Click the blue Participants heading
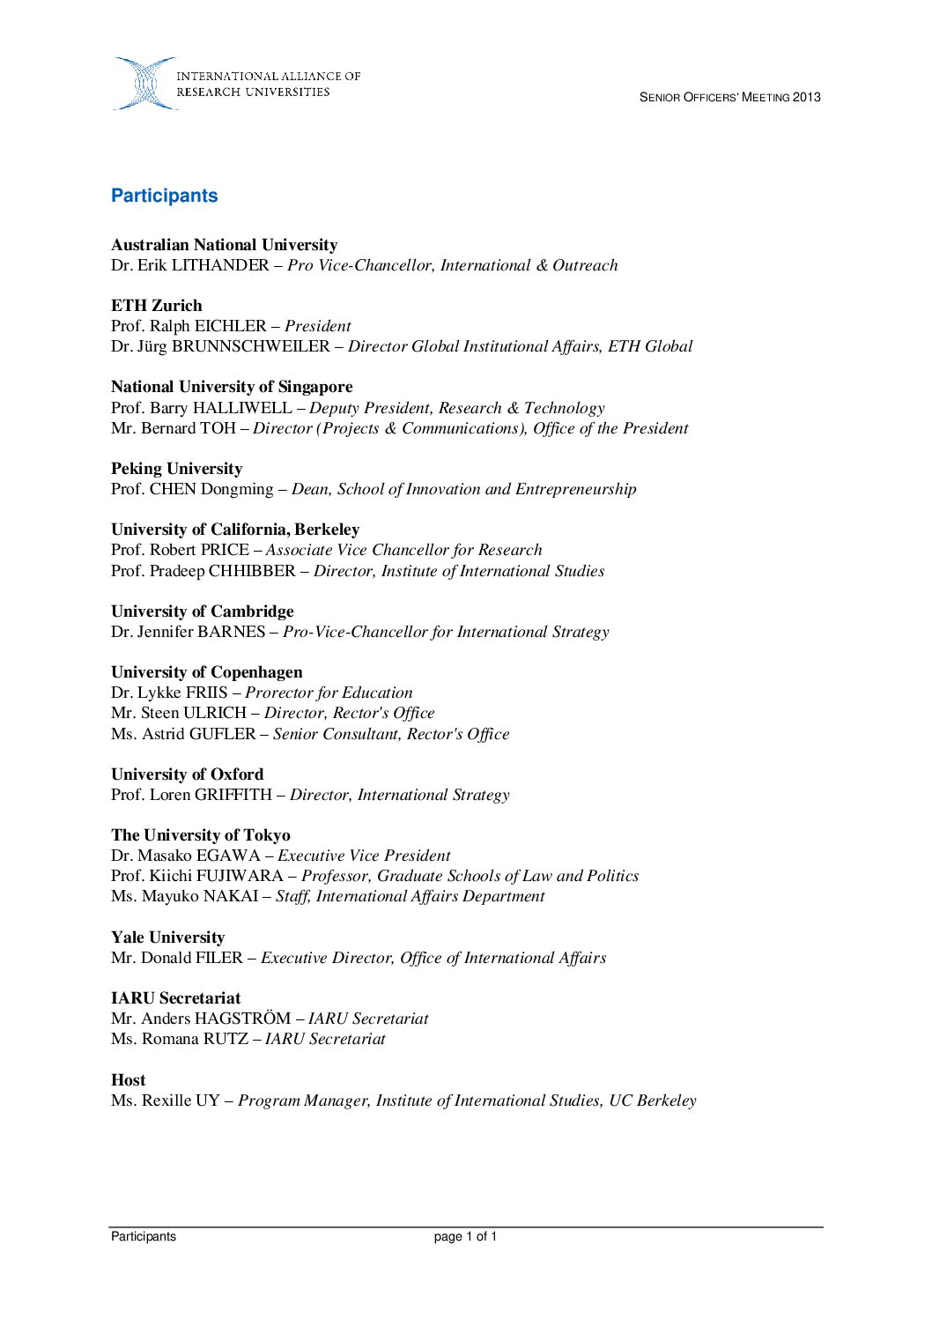point(164,196)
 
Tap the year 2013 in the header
point(807,98)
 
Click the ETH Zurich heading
point(157,306)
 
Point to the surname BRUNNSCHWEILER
point(251,346)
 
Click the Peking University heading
point(176,469)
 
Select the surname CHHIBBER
point(252,571)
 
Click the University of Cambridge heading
point(203,611)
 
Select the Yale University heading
point(167,937)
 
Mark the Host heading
point(129,1080)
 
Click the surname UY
point(209,1100)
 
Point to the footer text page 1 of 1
point(465,1237)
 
